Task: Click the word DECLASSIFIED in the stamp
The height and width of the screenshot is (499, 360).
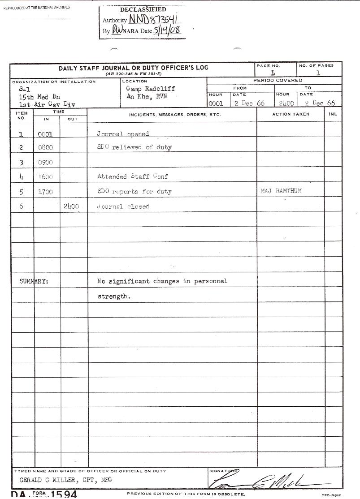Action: click(143, 9)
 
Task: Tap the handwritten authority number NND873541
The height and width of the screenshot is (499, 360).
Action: click(154, 19)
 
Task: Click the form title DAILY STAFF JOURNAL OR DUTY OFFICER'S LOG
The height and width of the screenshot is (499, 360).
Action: click(134, 68)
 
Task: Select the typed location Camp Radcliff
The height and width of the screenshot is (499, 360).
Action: click(151, 89)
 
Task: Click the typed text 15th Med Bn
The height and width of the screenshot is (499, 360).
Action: click(39, 97)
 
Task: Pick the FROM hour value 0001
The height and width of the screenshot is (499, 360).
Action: click(216, 103)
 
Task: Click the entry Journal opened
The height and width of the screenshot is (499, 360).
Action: click(123, 134)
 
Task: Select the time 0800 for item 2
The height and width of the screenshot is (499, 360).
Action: click(45, 147)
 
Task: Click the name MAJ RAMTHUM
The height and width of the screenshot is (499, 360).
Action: click(281, 191)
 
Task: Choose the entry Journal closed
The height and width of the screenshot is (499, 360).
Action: click(123, 206)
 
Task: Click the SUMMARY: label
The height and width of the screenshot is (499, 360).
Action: click(34, 281)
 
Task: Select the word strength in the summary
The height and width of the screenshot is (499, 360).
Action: click(114, 297)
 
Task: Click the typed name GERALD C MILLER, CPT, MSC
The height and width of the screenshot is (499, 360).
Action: click(66, 480)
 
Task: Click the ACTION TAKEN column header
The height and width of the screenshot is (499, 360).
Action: click(291, 114)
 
